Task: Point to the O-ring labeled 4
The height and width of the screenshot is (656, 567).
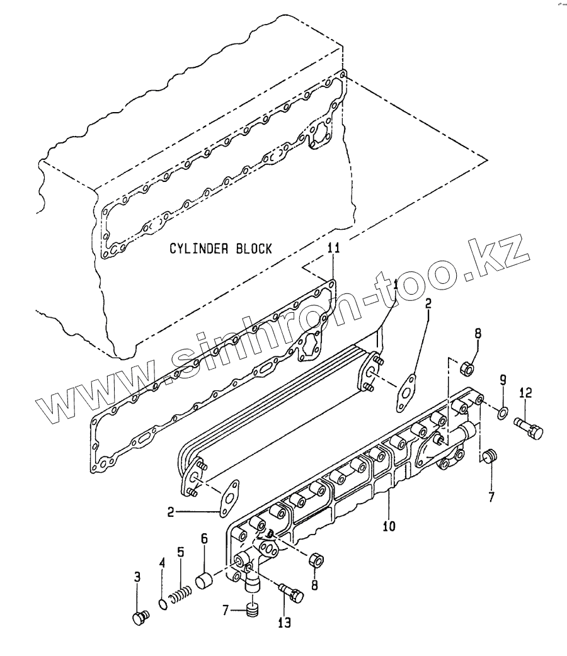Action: pos(163,604)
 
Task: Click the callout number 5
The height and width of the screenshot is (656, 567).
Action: pos(180,553)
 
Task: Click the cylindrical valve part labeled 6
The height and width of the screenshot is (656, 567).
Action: pos(205,580)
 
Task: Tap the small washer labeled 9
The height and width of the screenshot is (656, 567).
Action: pos(503,414)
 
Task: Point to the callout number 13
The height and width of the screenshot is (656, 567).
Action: pos(284,623)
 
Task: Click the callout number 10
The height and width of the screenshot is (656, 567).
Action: pos(389,525)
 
